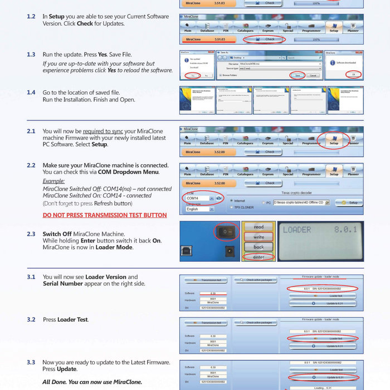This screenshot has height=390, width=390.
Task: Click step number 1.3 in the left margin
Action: [31, 55]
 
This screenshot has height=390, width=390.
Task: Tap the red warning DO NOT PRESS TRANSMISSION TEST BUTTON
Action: [105, 215]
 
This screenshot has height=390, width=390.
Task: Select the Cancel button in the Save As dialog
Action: [313, 75]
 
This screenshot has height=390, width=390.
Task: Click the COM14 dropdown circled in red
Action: [199, 198]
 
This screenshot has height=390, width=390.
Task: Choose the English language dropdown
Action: [199, 209]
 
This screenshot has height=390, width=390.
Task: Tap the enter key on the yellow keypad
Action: [259, 257]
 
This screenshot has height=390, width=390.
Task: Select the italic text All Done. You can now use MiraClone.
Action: [92, 382]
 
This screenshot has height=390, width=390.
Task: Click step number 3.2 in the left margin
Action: [31, 320]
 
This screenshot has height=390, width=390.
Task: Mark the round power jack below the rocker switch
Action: [227, 252]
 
